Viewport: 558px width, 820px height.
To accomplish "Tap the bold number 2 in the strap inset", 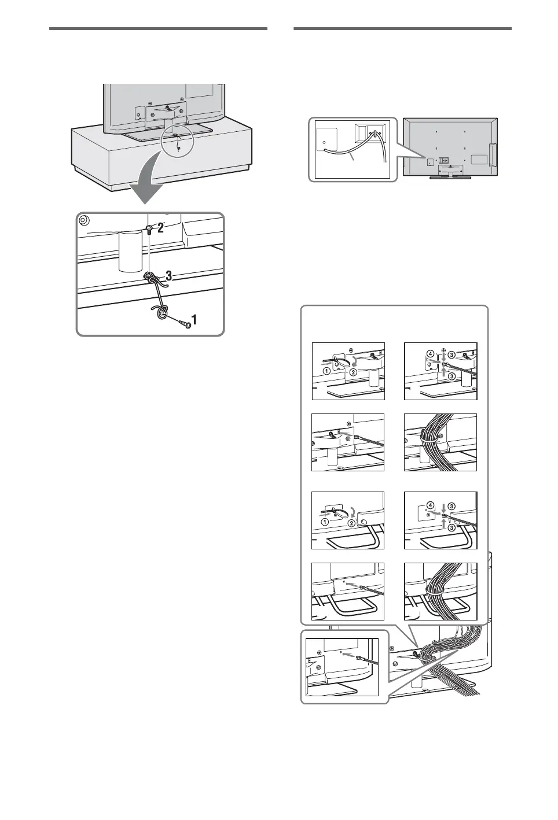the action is [x=161, y=228].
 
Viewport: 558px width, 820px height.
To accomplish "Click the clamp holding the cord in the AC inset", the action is [x=375, y=135].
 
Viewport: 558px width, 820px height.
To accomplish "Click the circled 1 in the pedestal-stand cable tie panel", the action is [x=327, y=372].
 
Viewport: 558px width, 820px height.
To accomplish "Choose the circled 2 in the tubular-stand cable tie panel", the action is [x=350, y=522].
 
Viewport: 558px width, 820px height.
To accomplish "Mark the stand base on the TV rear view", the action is [x=449, y=177].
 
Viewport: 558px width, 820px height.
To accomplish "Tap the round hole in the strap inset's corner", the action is [x=83, y=220].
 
